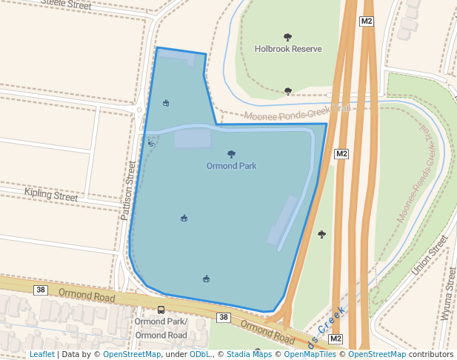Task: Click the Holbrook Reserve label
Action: (288, 49)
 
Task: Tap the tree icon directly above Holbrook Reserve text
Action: (288, 37)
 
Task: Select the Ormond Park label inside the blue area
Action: (231, 166)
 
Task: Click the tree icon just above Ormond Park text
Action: (232, 154)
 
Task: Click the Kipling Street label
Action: (51, 196)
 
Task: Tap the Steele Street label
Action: (66, 4)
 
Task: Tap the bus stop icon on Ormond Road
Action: (161, 310)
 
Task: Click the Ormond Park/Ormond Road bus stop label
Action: (161, 328)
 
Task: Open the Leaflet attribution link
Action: (42, 355)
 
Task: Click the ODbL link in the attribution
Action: (200, 355)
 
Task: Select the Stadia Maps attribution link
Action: (249, 355)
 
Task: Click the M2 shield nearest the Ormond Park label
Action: (341, 154)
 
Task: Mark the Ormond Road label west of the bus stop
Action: (87, 295)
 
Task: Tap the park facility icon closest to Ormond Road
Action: (206, 279)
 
